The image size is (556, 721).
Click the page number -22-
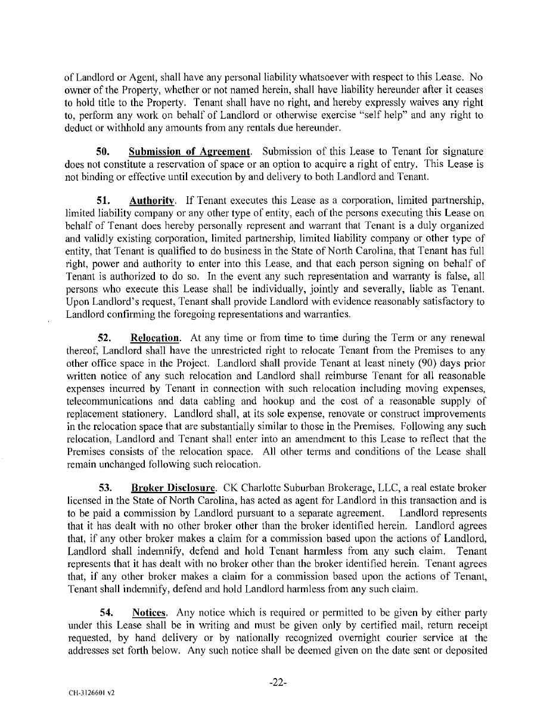(x=278, y=683)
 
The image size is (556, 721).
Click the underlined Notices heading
(x=149, y=612)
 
